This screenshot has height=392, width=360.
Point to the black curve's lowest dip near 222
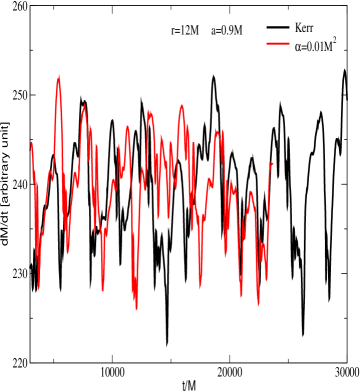point(167,344)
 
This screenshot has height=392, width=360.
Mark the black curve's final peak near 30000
point(344,70)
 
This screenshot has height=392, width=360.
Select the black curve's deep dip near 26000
point(302,334)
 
